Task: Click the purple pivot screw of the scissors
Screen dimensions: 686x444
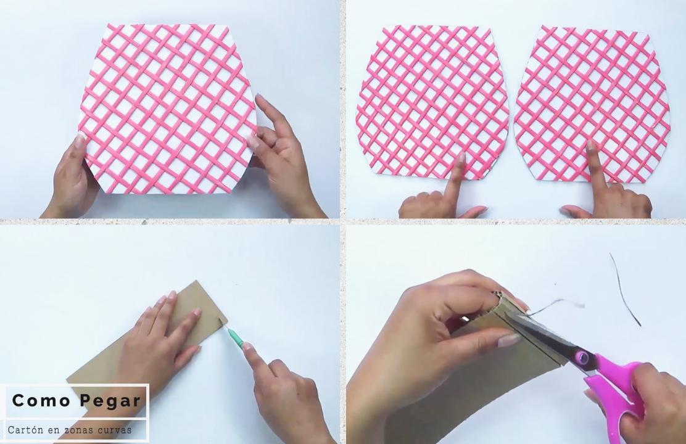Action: point(582,358)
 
